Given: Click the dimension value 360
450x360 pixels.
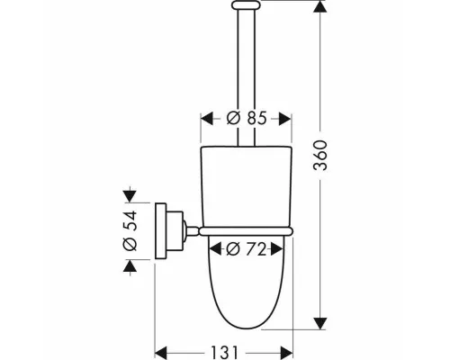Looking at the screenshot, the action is tap(320, 156).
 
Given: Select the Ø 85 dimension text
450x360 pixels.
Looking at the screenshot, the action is tap(247, 118).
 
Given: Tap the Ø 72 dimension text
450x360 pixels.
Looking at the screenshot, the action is tap(246, 249).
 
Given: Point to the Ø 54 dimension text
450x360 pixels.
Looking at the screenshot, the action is tap(130, 230).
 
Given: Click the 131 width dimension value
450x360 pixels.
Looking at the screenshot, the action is tap(224, 352).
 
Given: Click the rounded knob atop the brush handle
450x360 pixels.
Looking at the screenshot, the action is tap(247, 4).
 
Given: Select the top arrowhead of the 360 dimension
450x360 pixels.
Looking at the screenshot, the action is tap(320, 6).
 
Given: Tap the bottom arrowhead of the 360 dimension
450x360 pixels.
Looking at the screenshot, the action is tap(320, 324).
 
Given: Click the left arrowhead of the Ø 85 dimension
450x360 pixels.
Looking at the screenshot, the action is tap(207, 119).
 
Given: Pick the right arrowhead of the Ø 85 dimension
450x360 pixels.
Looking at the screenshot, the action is tap(285, 119).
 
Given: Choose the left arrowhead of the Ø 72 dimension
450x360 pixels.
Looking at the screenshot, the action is tap(215, 249).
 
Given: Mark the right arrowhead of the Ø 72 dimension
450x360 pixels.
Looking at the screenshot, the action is tap(277, 249).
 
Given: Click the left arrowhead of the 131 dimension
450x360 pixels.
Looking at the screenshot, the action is tap(160, 352).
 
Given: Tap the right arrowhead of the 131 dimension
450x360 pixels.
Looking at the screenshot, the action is tap(286, 352).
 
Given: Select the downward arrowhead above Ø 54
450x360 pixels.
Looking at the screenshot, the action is tap(130, 196).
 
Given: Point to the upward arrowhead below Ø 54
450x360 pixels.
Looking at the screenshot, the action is tap(130, 265).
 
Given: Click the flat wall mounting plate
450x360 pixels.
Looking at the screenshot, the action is tap(160, 230).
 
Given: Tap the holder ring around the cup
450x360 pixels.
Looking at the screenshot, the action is tap(246, 231).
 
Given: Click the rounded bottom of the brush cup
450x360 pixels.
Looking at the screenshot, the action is tap(246, 326).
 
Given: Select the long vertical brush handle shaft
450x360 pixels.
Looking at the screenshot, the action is tap(247, 77).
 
